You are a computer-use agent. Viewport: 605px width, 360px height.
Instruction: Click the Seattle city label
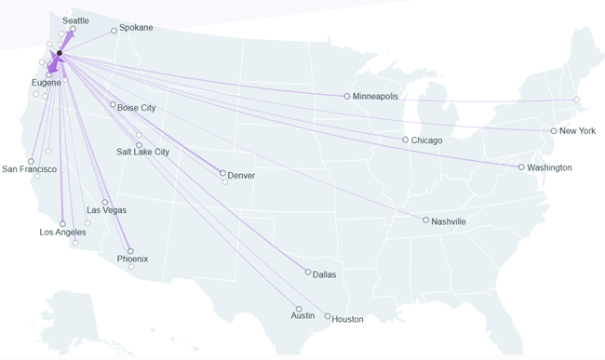(75, 20)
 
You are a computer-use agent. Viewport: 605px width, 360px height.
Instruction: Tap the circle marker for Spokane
(114, 31)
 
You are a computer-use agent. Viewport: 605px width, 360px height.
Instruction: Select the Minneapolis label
(375, 96)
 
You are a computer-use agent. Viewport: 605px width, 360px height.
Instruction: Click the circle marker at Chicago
(405, 140)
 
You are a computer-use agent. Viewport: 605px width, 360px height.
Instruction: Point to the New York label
(577, 131)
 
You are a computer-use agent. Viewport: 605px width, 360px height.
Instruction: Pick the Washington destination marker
(521, 167)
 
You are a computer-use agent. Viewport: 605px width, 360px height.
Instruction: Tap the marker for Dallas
(308, 273)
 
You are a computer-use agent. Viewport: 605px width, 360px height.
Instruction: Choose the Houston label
(347, 319)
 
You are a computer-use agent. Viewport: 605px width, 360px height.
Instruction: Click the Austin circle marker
(299, 309)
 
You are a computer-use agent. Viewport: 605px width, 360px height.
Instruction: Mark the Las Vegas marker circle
(104, 202)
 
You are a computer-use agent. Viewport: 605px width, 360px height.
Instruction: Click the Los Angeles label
(63, 233)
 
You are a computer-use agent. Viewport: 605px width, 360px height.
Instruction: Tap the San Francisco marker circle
(32, 161)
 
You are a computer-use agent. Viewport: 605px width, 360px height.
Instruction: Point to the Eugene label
(46, 83)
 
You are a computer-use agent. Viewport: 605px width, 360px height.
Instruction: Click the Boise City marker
(113, 105)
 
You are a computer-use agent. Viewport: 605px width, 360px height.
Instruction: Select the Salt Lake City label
(142, 152)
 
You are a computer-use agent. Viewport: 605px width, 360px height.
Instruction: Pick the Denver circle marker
(222, 173)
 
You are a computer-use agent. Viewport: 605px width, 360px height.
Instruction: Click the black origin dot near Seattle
(59, 53)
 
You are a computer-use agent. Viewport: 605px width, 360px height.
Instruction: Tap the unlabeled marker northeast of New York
(576, 100)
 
